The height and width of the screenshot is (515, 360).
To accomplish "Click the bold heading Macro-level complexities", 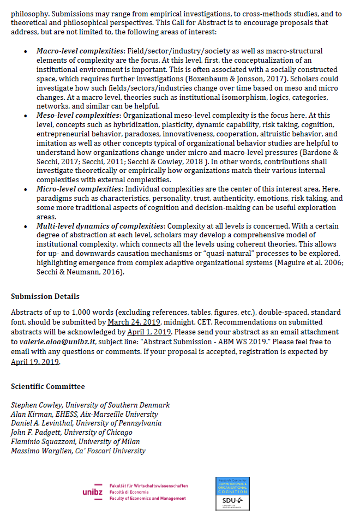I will [x=79, y=51].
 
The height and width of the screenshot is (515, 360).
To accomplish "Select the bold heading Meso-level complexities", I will [x=77, y=116].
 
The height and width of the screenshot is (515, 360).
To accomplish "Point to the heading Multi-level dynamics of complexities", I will [x=101, y=226].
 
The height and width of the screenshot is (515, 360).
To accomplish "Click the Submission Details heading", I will [x=45, y=297].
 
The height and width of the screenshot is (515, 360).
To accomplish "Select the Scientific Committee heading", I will [x=48, y=386].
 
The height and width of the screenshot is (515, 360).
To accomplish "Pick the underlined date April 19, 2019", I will [x=35, y=362].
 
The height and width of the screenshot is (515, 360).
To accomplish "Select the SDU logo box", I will [x=232, y=493].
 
